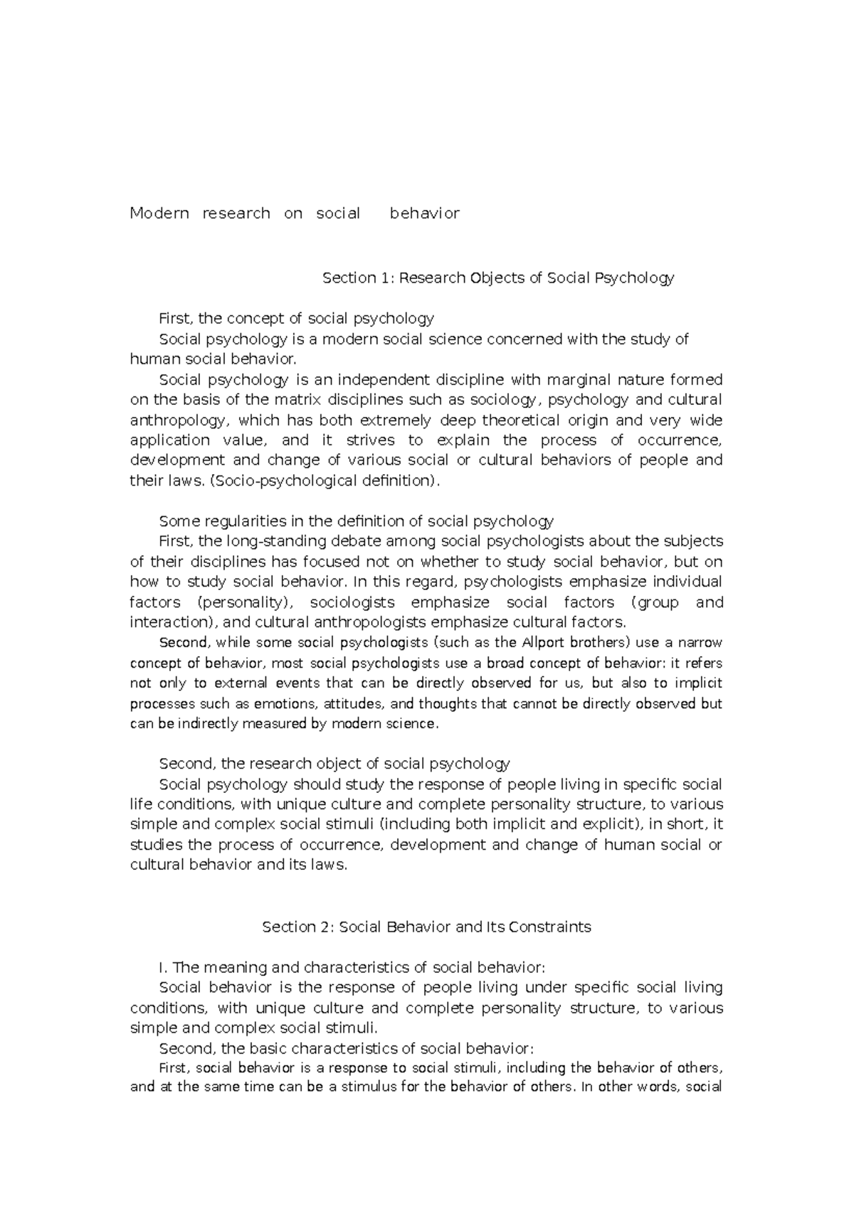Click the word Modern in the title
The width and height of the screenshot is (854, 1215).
tap(159, 213)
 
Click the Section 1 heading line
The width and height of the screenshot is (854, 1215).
tap(497, 278)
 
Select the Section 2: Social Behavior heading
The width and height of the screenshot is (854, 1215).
tap(426, 927)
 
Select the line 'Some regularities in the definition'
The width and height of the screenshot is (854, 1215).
tap(356, 521)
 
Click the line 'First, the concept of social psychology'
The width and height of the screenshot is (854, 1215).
tap(296, 318)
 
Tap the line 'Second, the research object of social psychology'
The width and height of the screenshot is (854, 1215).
tap(334, 764)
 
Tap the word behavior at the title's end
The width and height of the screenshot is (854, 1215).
tap(425, 213)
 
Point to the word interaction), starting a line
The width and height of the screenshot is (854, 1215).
tap(169, 622)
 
